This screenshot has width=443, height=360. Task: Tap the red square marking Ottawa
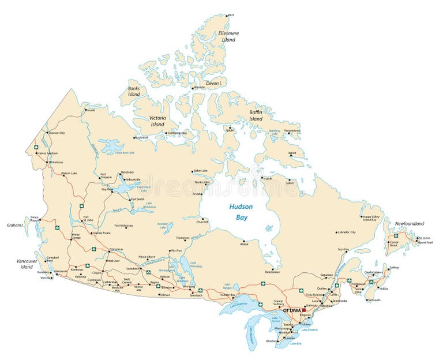(x=304, y=310)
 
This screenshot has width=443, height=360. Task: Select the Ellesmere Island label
(x=228, y=36)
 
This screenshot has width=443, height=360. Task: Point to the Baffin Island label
(x=256, y=115)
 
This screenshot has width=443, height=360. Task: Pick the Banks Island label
(x=134, y=91)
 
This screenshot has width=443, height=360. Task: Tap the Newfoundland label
(x=409, y=223)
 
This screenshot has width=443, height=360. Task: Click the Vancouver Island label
(x=26, y=264)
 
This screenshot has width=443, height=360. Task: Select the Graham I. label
(x=14, y=225)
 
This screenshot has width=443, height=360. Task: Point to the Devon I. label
(x=214, y=83)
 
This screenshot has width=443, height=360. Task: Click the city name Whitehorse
(x=56, y=162)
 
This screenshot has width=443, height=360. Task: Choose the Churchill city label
(x=202, y=222)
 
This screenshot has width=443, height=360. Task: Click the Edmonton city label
(x=116, y=249)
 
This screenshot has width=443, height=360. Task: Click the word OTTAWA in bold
(x=292, y=310)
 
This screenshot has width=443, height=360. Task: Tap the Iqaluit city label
(x=292, y=153)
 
